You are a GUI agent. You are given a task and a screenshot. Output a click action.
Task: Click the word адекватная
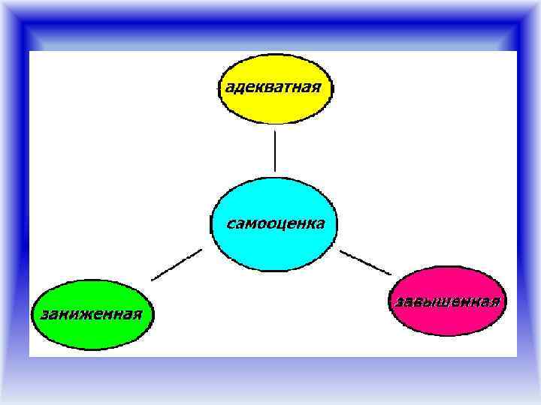[x=273, y=86]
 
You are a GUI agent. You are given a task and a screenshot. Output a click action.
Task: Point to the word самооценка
[x=276, y=223]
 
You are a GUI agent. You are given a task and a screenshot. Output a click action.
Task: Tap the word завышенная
[x=446, y=301]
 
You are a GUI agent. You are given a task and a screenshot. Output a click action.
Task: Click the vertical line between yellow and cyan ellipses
[x=275, y=151]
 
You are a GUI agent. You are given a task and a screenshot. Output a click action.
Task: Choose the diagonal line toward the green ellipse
[x=177, y=265]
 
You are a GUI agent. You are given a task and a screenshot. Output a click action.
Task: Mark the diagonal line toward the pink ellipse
[x=365, y=262]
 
